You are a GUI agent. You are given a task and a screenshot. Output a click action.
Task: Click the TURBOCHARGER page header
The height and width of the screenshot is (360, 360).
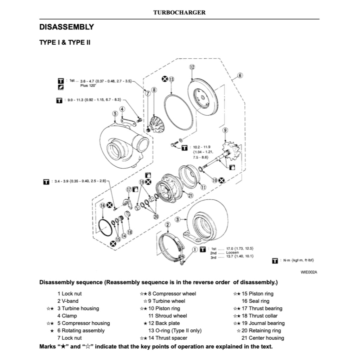[x=179, y=12]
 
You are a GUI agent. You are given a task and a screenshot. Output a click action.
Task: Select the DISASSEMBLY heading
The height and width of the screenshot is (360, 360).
[x=66, y=27]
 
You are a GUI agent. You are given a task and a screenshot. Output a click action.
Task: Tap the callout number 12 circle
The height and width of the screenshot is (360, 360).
[x=192, y=67]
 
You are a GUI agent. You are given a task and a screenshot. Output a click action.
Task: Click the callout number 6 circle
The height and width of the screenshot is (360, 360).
[x=240, y=75]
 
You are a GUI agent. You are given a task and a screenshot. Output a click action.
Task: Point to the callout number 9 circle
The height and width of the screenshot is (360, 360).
[x=225, y=131]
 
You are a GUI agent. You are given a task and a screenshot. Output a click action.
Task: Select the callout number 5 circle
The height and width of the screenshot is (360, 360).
[x=115, y=113]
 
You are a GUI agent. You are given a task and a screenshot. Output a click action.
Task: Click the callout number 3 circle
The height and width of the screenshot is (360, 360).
[x=178, y=219]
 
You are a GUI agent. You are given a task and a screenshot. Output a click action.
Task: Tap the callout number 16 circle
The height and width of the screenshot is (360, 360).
[x=102, y=205]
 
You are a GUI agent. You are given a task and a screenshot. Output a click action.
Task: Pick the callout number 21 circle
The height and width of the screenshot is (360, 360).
[x=191, y=196]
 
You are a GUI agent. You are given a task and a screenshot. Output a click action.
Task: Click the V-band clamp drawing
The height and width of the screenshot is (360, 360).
[x=169, y=246]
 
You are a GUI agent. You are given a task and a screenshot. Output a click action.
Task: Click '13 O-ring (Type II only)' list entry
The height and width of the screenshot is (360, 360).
[x=175, y=330]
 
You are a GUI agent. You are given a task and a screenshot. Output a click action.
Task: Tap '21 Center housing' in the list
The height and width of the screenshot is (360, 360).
[x=263, y=338]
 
